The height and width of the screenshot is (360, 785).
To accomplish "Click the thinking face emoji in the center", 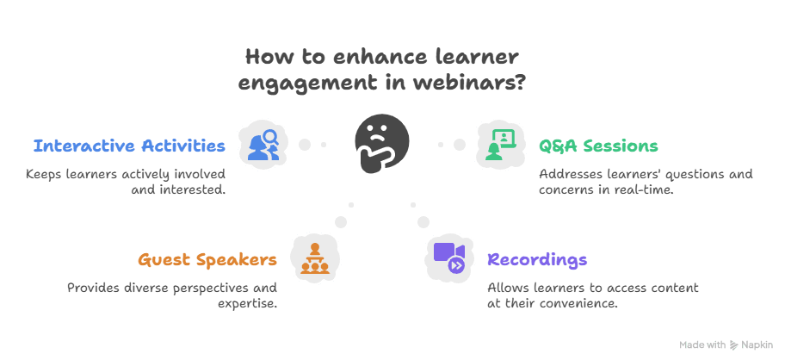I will pyautogui.click(x=382, y=144).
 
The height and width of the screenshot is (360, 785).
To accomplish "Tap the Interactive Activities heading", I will pyautogui.click(x=129, y=146).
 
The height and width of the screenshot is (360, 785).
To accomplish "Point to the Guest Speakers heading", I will pyautogui.click(x=207, y=259).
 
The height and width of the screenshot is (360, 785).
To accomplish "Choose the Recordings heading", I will pyautogui.click(x=537, y=259).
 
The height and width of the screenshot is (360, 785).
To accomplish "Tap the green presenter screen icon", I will pyautogui.click(x=500, y=144).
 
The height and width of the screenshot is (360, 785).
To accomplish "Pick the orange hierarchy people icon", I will pyautogui.click(x=314, y=258).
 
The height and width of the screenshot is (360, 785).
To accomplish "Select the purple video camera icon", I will pyautogui.click(x=449, y=258).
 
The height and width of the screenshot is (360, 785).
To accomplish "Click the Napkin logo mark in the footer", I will pyautogui.click(x=733, y=344).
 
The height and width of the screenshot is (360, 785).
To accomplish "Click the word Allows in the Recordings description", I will pyautogui.click(x=507, y=287).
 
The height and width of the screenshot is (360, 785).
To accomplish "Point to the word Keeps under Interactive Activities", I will pyautogui.click(x=43, y=173).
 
